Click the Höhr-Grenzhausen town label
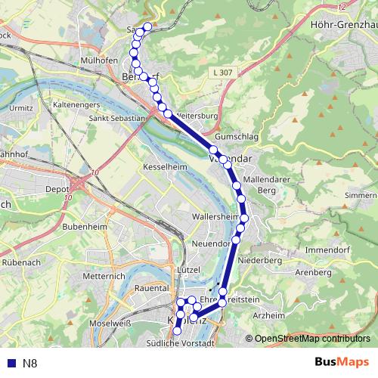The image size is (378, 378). point(344,23)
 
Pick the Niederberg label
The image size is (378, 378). point(259,259)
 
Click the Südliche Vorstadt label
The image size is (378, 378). point(184,342)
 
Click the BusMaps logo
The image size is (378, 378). point(342,362)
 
